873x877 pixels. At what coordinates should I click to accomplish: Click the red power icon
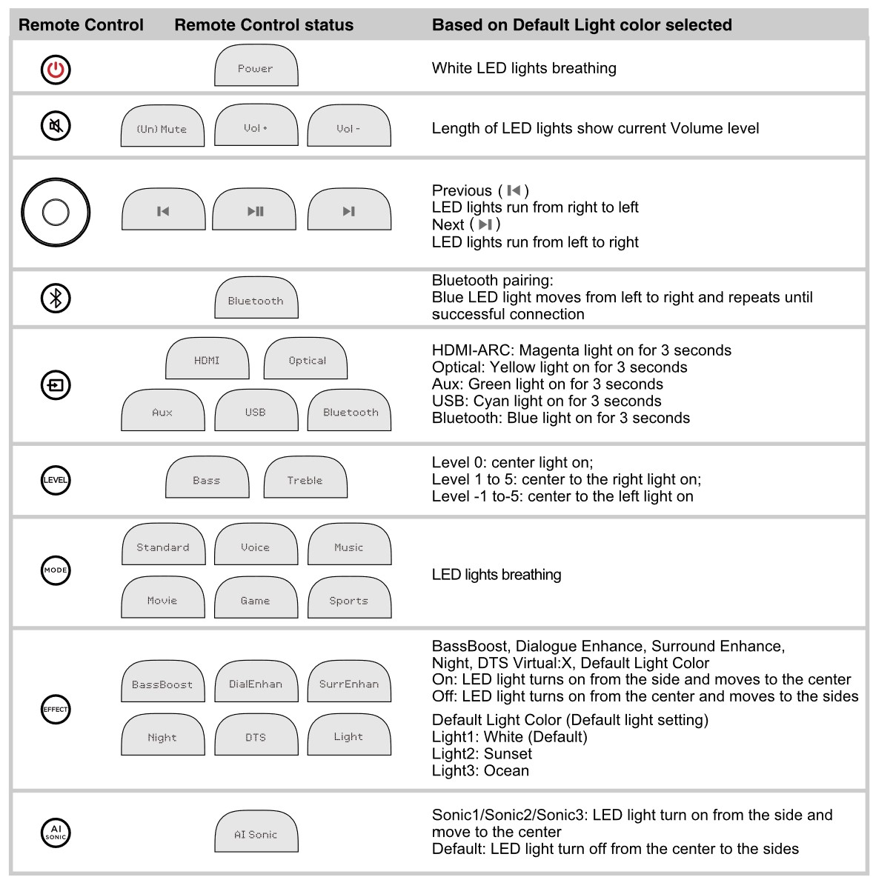pos(56,70)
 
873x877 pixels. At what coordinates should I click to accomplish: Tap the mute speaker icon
pos(56,125)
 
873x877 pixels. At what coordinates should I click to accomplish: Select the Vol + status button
pos(256,125)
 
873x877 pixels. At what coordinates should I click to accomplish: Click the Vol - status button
pos(349,125)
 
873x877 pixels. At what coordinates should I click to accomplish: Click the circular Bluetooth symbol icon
pos(56,298)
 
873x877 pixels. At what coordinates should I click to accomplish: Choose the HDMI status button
pos(207,358)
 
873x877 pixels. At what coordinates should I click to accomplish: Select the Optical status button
pos(305,358)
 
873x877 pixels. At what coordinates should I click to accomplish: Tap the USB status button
pos(256,410)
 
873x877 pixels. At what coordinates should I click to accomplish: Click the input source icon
pos(56,385)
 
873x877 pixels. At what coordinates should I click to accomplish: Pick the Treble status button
pos(305,477)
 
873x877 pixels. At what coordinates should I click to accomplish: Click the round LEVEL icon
pos(56,480)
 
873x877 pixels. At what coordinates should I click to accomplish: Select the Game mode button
pos(256,597)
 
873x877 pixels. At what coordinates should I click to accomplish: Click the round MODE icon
pos(56,570)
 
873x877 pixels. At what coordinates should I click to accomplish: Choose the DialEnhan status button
pos(256,681)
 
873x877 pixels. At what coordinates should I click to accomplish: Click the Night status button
pos(163,734)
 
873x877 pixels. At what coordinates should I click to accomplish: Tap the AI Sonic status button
pos(256,832)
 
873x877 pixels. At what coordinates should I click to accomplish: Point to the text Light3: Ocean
pos(480,771)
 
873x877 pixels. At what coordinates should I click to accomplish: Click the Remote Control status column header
pos(264,24)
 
